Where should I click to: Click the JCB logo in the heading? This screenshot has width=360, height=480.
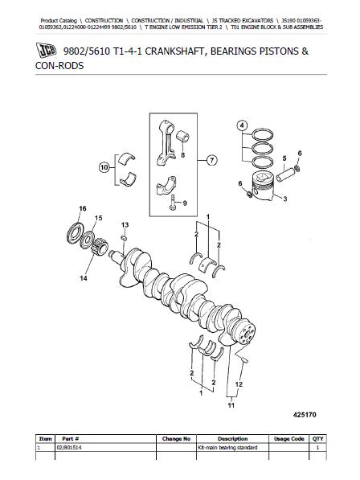click(46, 50)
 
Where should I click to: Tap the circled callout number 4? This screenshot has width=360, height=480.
click(242, 125)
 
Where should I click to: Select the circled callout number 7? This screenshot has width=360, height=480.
click(211, 160)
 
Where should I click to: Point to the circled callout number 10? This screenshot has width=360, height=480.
click(104, 167)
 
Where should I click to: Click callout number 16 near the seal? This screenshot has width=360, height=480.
click(83, 208)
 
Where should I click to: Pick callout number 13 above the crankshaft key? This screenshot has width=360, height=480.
click(125, 225)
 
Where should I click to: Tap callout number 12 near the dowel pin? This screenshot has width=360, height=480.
click(239, 384)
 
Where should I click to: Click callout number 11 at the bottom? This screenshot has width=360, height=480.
click(231, 405)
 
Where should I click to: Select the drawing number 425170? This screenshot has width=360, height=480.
click(305, 415)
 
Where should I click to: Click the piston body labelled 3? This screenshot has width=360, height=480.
click(262, 187)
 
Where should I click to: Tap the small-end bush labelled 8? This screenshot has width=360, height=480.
click(183, 137)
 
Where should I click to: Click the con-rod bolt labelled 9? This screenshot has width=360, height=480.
click(172, 203)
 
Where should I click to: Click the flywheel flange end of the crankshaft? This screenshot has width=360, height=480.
click(246, 332)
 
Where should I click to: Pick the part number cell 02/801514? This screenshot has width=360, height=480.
click(69, 448)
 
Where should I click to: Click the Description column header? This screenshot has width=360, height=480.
click(232, 439)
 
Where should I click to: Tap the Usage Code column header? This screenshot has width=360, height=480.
click(288, 439)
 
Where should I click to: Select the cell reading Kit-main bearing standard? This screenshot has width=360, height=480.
click(227, 448)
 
